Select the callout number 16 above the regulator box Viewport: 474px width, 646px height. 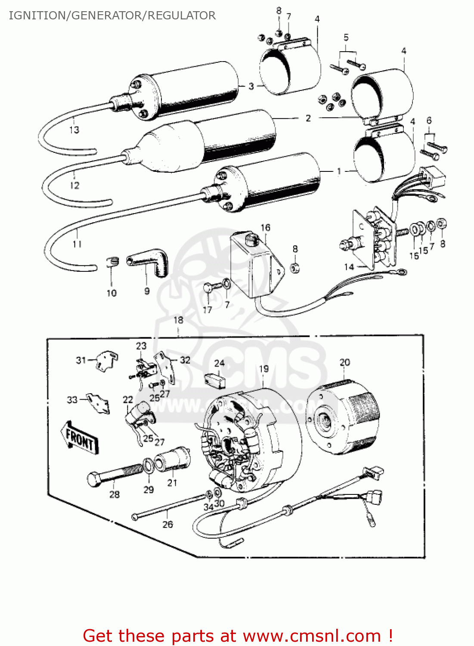[x=265, y=227]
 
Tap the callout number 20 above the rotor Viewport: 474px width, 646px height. [x=345, y=362]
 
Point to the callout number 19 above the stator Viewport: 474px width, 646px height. [x=263, y=369]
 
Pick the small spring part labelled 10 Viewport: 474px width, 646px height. [x=112, y=261]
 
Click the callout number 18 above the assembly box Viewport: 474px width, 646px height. [x=178, y=320]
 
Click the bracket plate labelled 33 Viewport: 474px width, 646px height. [x=98, y=402]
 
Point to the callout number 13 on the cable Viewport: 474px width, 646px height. [x=74, y=130]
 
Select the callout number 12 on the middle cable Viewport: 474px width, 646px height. [x=74, y=185]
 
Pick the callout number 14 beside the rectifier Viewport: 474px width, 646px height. [x=349, y=267]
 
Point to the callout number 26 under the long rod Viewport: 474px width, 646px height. [x=167, y=524]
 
